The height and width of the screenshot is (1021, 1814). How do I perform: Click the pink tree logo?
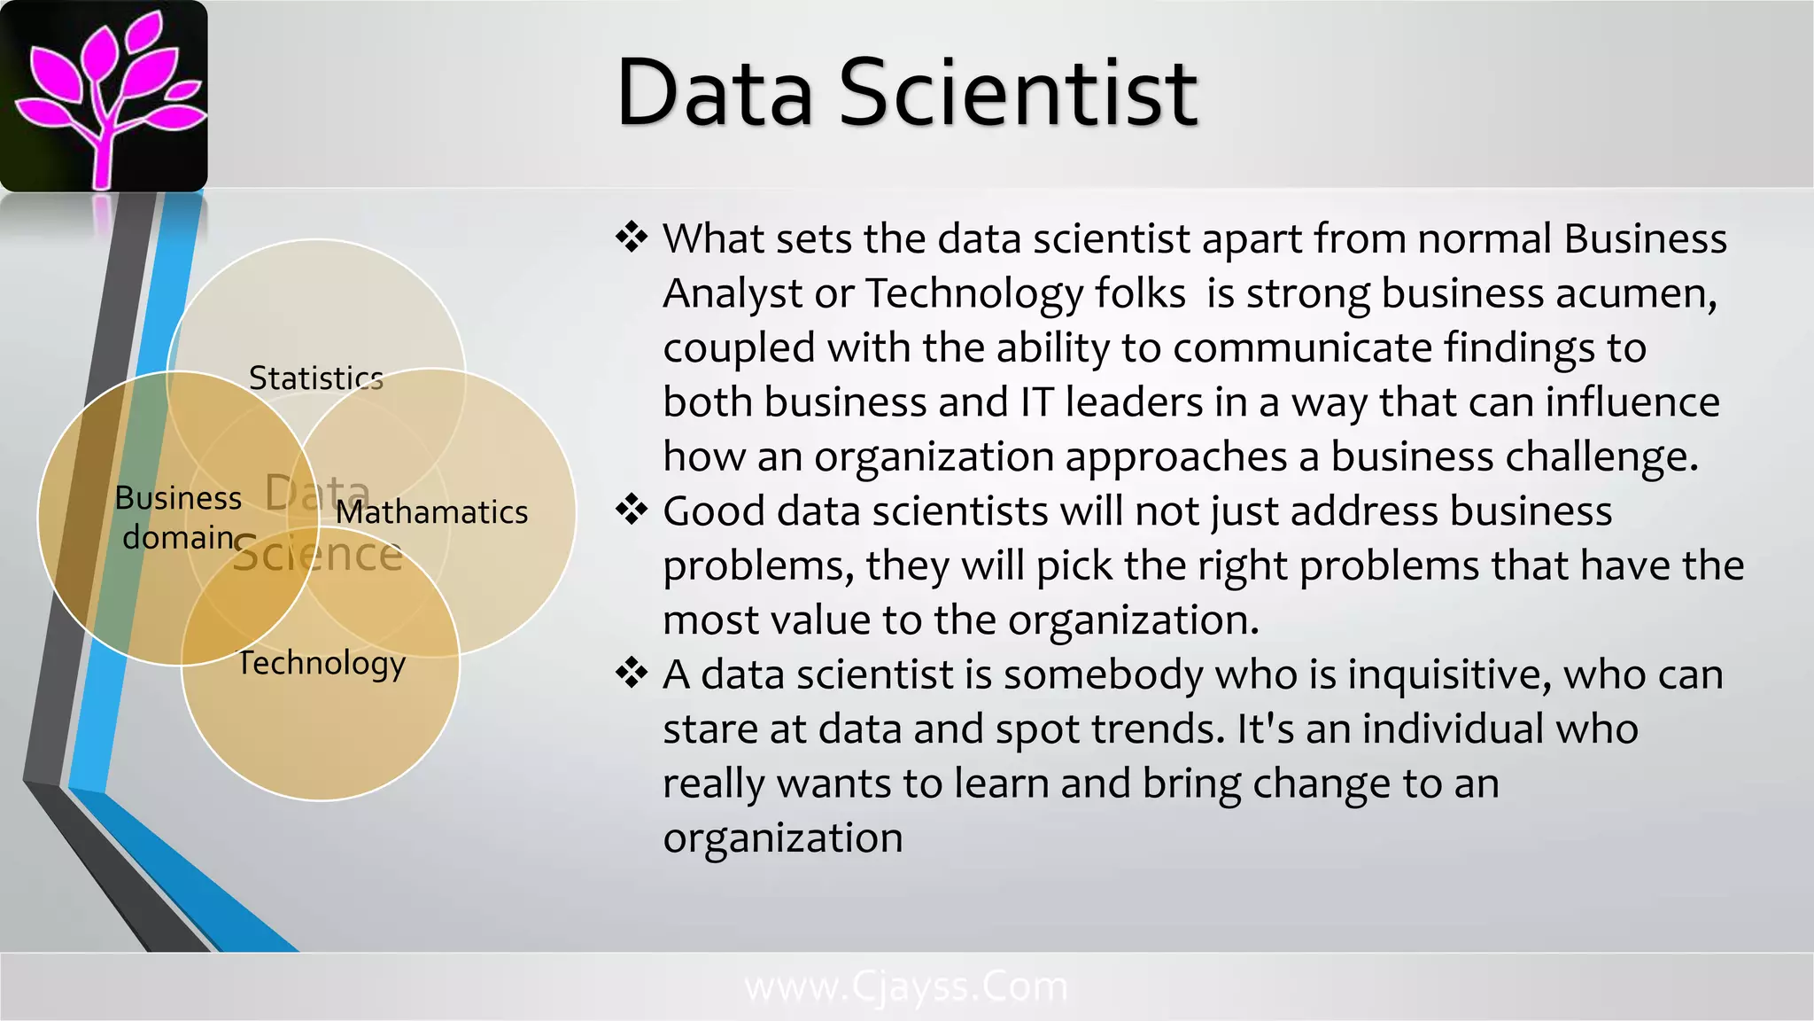[x=105, y=96]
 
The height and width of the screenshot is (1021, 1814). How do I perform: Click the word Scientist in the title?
[x=1018, y=92]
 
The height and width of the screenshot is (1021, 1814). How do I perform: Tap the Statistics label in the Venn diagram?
[x=315, y=378]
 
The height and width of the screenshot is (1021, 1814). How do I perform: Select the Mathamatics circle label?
[x=431, y=512]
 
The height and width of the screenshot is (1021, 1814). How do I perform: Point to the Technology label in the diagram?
[x=322, y=663]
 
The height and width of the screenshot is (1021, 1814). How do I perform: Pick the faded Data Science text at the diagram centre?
[x=317, y=525]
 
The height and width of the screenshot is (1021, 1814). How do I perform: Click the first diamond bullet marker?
[x=632, y=238]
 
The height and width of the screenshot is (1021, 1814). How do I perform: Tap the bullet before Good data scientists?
[x=632, y=510]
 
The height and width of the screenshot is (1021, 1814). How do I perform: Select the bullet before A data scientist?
[x=632, y=674]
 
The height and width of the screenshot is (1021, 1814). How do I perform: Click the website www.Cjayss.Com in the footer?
[x=906, y=986]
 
